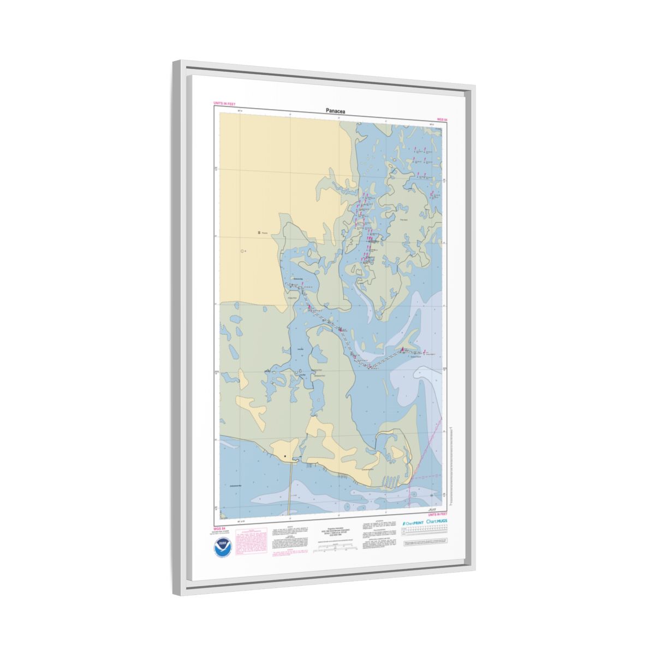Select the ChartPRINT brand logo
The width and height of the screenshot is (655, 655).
coord(413,523)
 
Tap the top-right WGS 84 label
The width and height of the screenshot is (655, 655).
coord(442,119)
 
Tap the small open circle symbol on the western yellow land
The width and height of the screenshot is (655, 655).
coord(242,251)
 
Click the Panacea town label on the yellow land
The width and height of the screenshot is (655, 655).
coord(264,233)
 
